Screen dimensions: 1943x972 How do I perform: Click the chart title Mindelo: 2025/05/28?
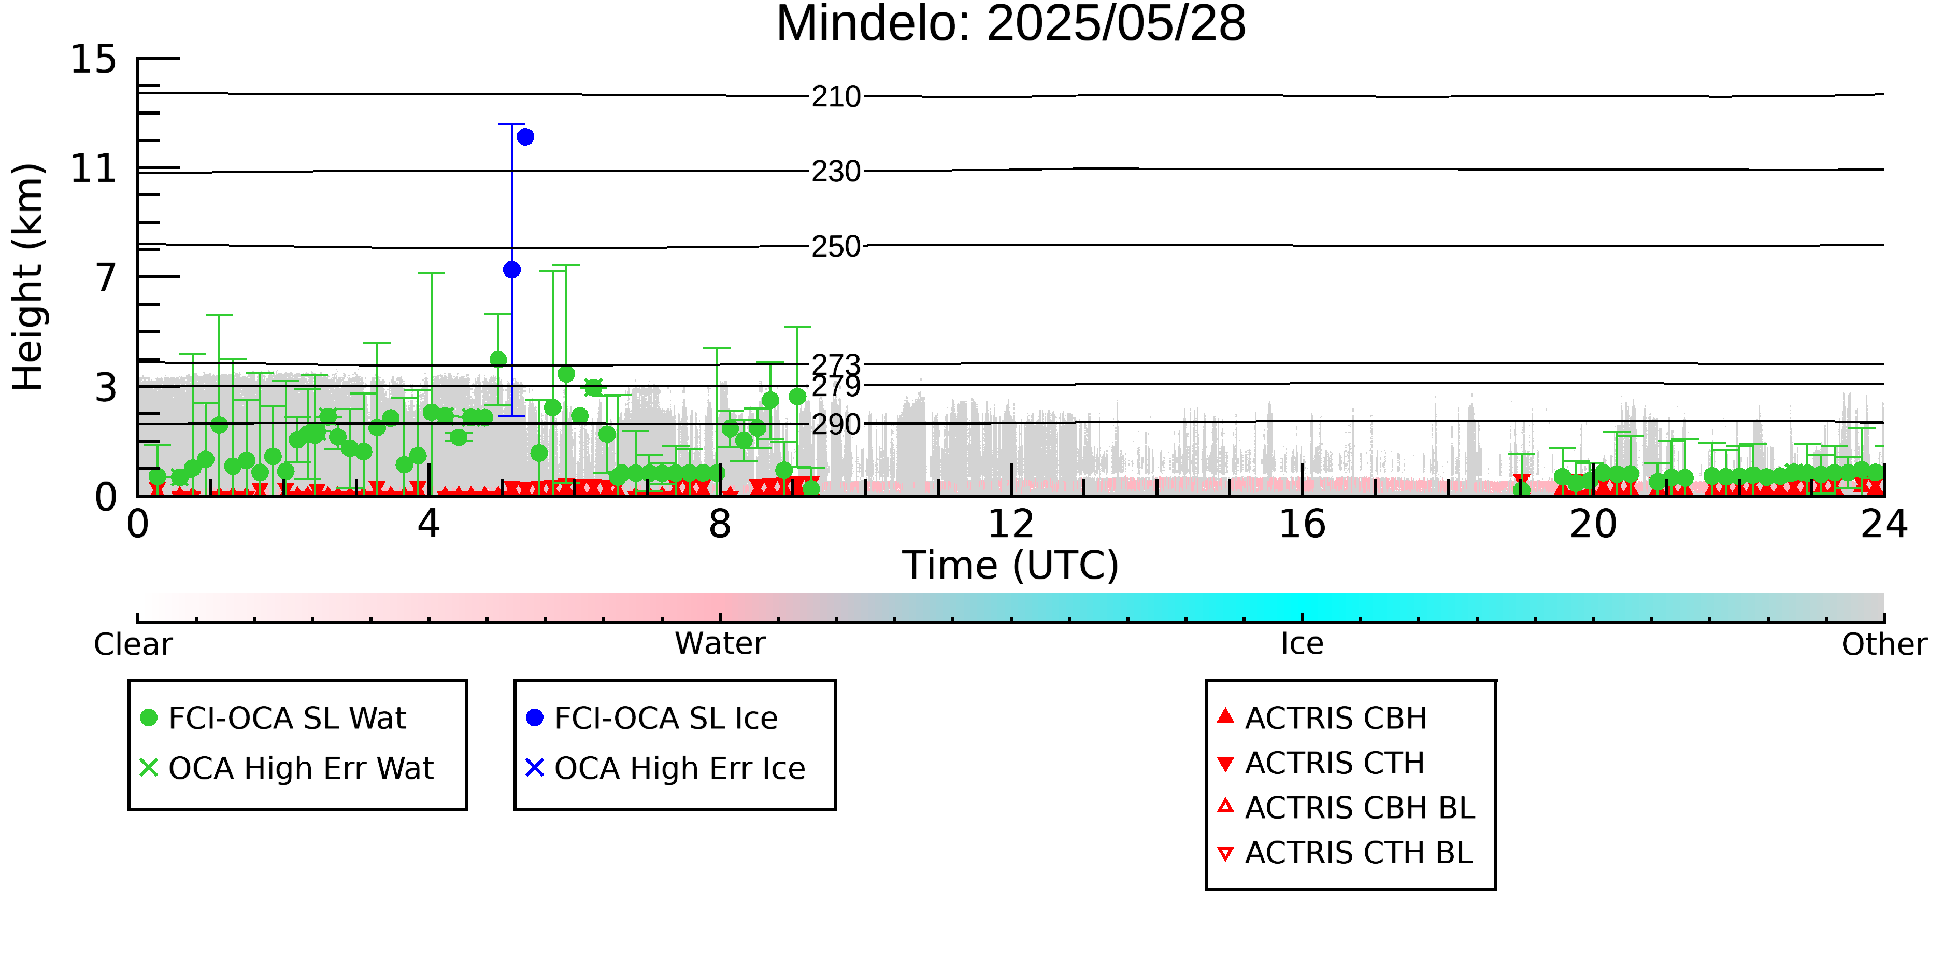[1011, 24]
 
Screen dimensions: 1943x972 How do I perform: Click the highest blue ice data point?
[526, 136]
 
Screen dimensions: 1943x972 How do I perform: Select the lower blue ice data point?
[511, 270]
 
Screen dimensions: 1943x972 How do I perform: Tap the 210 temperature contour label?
[836, 96]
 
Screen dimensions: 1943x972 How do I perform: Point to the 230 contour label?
[836, 171]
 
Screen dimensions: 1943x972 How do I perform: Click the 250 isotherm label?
[836, 246]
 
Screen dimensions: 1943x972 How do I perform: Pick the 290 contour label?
[836, 424]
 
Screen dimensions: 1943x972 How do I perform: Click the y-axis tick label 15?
[94, 59]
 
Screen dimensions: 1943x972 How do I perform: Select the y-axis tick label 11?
[94, 168]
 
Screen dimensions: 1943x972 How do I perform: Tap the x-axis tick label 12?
[1011, 524]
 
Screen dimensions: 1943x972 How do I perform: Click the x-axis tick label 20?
[1593, 524]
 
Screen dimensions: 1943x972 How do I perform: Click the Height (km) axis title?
[28, 277]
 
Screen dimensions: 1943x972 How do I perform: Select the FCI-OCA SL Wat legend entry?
[273, 717]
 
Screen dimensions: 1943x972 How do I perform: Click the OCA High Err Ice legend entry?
[665, 768]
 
